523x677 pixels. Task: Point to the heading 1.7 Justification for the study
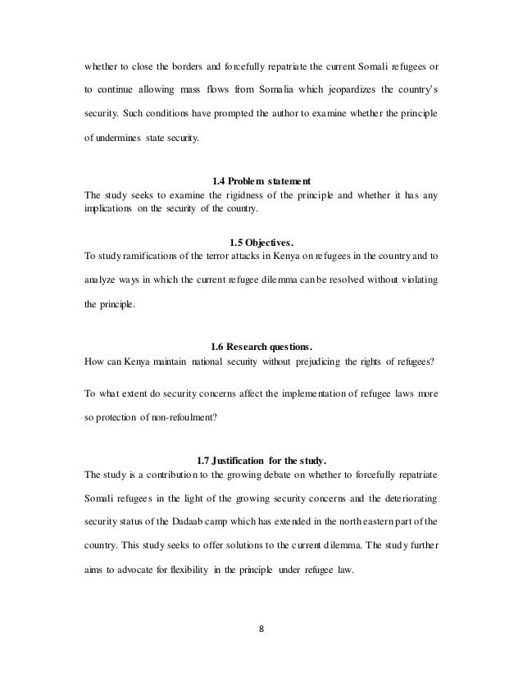[x=261, y=458]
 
